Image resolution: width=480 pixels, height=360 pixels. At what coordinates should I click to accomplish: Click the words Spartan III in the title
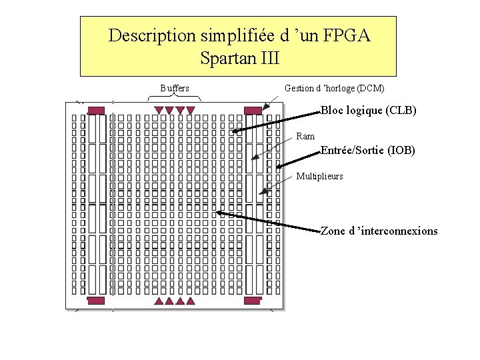point(239,58)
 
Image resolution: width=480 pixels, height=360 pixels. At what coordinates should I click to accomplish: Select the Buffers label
point(175,88)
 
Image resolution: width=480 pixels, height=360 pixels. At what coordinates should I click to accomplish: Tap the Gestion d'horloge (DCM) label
point(334,88)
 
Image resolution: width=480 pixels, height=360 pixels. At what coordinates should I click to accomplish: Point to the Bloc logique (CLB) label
point(369,111)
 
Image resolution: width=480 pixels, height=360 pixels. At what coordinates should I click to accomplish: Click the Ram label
point(305,137)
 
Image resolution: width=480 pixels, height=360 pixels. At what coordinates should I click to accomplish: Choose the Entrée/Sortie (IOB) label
point(367,151)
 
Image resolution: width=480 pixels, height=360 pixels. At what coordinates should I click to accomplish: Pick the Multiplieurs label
point(319,177)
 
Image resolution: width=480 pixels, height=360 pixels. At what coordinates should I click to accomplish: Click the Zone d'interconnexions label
point(379,231)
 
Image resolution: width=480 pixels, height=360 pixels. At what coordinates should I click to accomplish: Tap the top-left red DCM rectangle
point(97,110)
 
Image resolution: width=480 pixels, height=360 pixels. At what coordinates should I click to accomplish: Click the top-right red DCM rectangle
point(253,110)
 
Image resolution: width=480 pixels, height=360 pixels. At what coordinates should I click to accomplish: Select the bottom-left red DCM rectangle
point(97,301)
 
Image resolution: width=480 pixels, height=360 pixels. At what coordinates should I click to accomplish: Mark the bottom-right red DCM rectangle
point(252,301)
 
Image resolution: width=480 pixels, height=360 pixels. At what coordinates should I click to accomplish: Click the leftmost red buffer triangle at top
point(159,110)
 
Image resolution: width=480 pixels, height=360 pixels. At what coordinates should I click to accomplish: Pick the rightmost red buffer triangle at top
point(191,110)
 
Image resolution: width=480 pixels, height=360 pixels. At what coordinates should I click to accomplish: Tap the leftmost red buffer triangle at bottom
point(159,301)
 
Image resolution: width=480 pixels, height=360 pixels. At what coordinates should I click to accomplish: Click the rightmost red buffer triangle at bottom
point(191,301)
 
